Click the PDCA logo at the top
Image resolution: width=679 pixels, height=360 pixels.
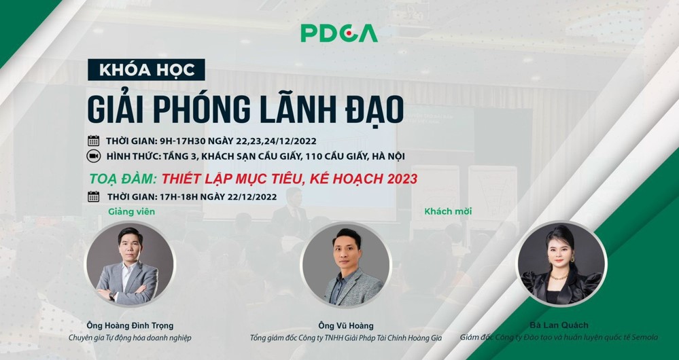pyautogui.click(x=339, y=33)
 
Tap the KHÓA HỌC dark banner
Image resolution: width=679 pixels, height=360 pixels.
pyautogui.click(x=146, y=70)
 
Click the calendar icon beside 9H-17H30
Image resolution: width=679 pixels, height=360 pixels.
pyautogui.click(x=94, y=141)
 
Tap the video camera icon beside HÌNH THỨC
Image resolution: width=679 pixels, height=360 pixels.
pyautogui.click(x=94, y=156)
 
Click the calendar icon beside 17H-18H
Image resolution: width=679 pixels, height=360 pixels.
pyautogui.click(x=94, y=196)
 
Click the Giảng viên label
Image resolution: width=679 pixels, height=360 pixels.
pyautogui.click(x=132, y=212)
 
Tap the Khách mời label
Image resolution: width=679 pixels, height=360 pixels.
pyautogui.click(x=448, y=212)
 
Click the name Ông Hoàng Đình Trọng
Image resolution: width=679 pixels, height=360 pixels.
pyautogui.click(x=130, y=326)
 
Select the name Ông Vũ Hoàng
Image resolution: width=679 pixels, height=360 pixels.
pyautogui.click(x=345, y=326)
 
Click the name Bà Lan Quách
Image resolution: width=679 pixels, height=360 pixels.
pyautogui.click(x=559, y=325)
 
